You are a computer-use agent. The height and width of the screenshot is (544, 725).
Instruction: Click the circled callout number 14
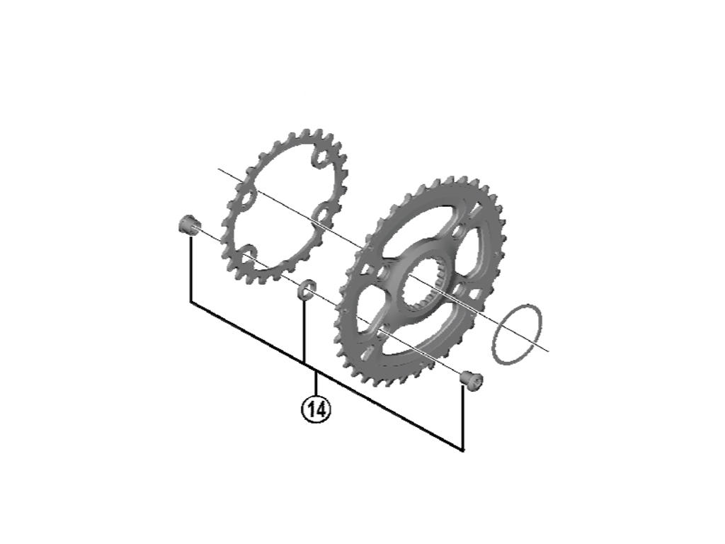[316, 409]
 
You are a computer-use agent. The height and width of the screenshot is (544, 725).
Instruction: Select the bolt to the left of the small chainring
[188, 226]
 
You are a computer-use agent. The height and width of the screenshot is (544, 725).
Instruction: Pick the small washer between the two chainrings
[306, 288]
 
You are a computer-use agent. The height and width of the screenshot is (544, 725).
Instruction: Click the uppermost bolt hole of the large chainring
[458, 232]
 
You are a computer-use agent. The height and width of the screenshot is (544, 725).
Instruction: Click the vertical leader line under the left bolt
[191, 269]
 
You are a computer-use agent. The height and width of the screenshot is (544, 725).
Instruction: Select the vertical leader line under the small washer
[304, 329]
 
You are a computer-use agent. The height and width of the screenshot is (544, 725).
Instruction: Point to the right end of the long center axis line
[548, 350]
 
